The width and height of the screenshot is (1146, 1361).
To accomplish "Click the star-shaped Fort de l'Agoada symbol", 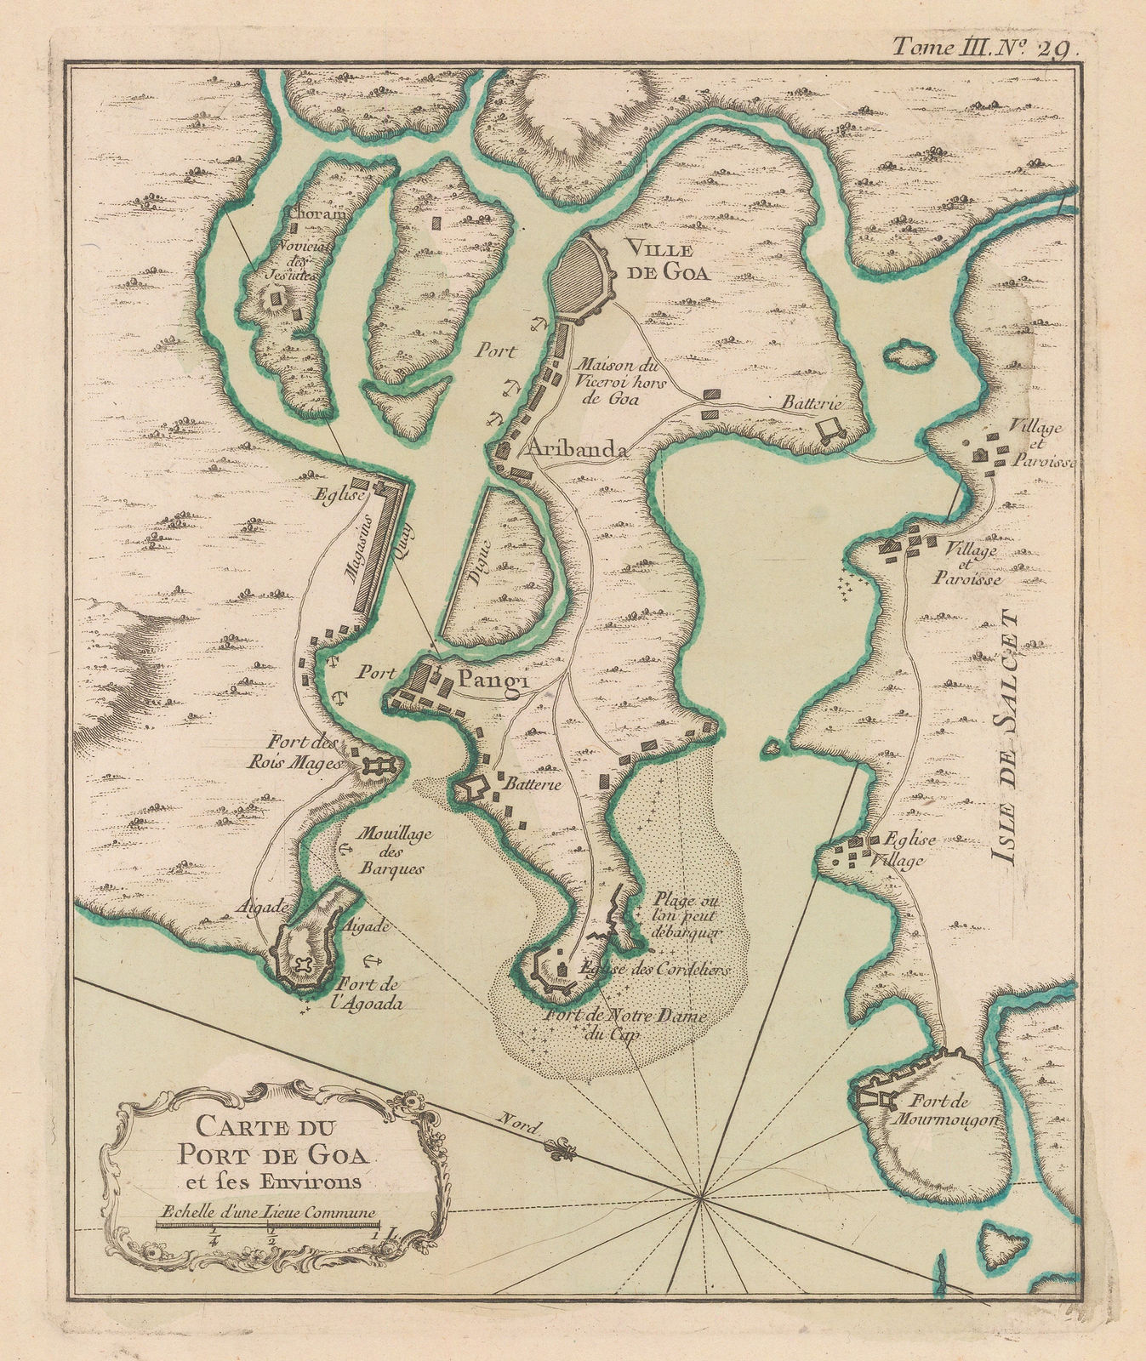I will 305,967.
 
